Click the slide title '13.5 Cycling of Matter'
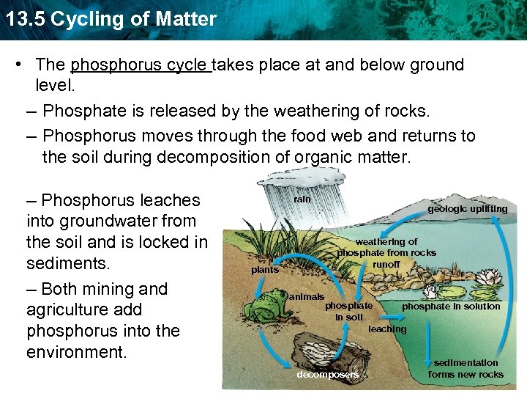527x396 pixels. click(x=110, y=18)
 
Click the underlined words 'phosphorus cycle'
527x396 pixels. click(x=140, y=65)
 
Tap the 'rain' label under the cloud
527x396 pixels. click(x=302, y=199)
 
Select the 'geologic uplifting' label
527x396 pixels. click(x=467, y=209)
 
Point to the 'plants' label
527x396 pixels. click(x=264, y=270)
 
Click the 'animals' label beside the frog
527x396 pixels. click(x=307, y=297)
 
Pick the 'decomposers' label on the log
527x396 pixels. click(x=327, y=375)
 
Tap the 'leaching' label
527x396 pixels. click(x=386, y=329)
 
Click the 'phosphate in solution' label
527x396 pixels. click(x=451, y=307)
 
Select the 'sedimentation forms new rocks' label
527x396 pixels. click(x=466, y=368)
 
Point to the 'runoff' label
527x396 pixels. click(x=386, y=264)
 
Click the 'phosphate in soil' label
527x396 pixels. click(x=348, y=311)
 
